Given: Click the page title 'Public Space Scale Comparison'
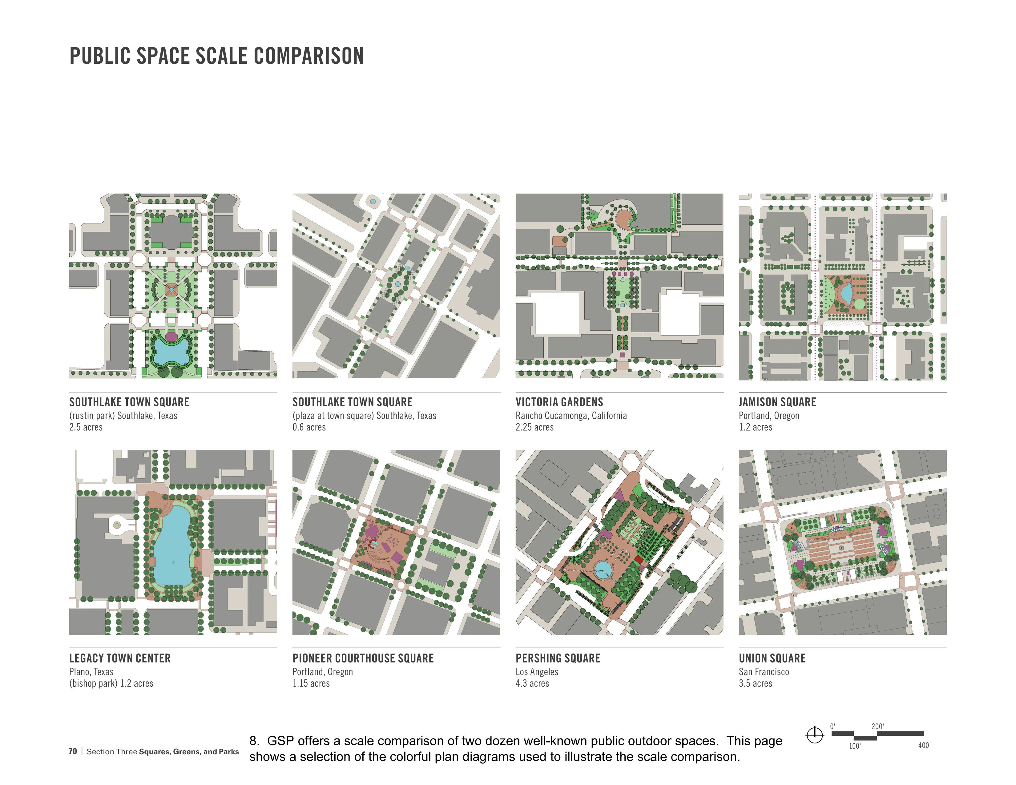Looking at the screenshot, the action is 217,56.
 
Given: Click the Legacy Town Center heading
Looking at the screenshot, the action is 120,658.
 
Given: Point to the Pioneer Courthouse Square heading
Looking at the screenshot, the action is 363,658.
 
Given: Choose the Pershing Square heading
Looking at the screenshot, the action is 558,658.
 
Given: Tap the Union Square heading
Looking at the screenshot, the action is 772,658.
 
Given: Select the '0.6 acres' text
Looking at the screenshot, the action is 309,427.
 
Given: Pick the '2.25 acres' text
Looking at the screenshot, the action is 534,427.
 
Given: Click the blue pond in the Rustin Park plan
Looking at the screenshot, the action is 172,351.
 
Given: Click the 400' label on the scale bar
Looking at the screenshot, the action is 924,746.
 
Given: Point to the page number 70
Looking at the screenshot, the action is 73,751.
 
